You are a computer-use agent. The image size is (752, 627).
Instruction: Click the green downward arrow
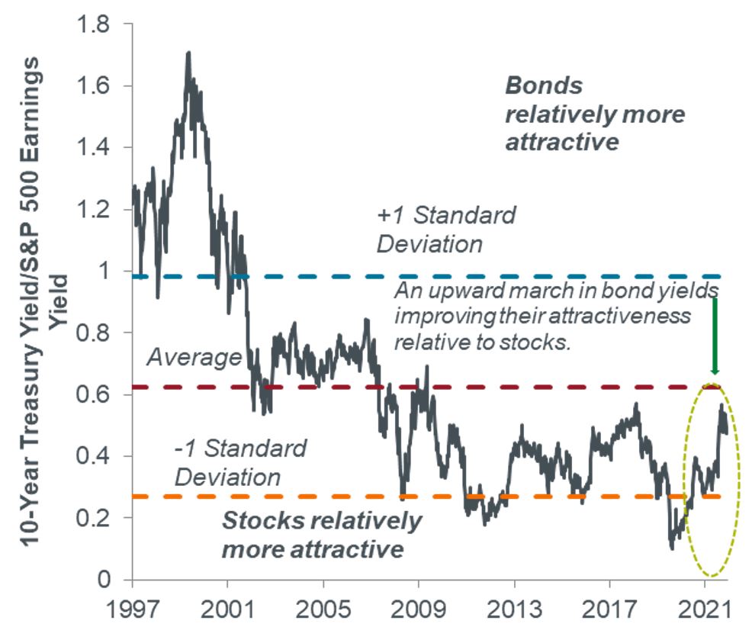(x=715, y=336)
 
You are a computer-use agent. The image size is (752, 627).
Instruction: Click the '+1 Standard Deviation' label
(x=445, y=230)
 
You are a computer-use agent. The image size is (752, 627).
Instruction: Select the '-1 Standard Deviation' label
(x=241, y=462)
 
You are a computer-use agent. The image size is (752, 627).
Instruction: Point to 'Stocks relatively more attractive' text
(x=321, y=535)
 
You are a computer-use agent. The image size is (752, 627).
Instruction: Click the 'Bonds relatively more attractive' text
(x=595, y=114)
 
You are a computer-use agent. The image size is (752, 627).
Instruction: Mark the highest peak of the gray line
(x=188, y=53)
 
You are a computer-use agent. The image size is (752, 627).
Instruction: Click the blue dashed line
(x=458, y=276)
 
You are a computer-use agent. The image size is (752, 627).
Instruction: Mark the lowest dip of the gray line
(x=672, y=547)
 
